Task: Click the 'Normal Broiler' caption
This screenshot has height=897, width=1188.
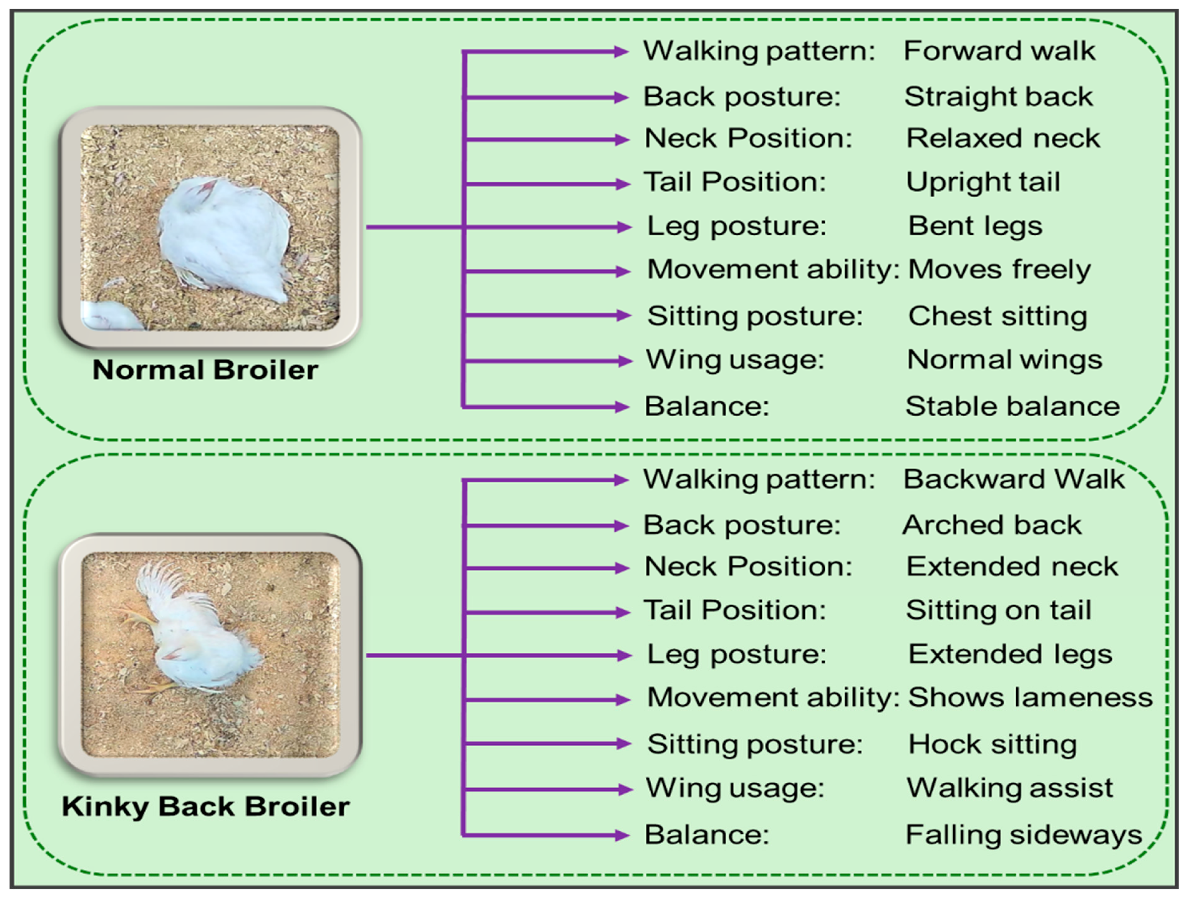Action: pos(205,370)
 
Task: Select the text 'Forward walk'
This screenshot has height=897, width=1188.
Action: pos(999,51)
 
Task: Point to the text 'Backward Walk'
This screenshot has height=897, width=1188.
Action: pos(1013,479)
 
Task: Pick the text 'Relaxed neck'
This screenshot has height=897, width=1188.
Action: pos(1003,139)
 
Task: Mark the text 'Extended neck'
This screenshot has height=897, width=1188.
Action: pos(1012,567)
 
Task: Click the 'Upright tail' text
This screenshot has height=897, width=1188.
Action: pos(983,182)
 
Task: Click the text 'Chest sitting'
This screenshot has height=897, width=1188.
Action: pos(997,316)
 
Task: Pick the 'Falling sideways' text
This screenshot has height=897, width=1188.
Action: pos(1024,835)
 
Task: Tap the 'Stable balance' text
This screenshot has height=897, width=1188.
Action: pos(1012,407)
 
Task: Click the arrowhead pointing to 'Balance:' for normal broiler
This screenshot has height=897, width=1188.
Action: pos(622,407)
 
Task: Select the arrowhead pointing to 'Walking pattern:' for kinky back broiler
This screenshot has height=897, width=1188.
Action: pos(622,480)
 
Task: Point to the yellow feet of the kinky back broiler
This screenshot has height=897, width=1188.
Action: pos(134,621)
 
